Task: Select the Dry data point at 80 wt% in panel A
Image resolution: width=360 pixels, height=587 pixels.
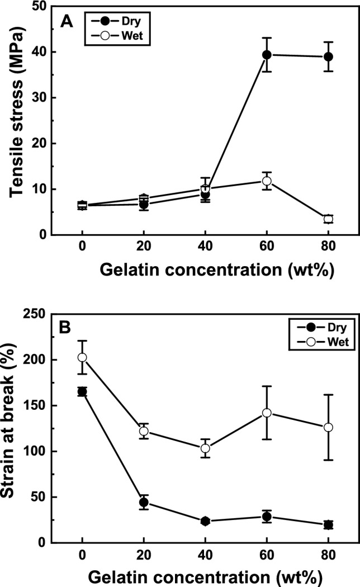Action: click(328, 56)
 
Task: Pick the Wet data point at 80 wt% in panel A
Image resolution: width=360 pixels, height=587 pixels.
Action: click(328, 219)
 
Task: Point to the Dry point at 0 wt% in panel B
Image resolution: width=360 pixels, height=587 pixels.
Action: click(82, 391)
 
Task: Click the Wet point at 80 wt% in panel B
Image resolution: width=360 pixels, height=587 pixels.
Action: click(328, 427)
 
